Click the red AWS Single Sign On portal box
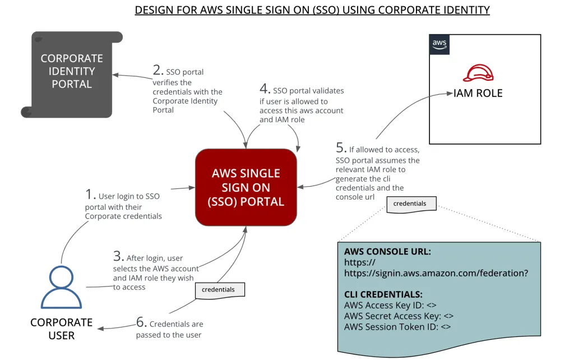(246, 187)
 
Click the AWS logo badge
(439, 44)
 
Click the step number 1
(90, 195)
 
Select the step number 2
(158, 70)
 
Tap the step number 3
(118, 257)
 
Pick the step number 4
(265, 89)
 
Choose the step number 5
(341, 148)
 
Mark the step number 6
(142, 322)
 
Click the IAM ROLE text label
(478, 94)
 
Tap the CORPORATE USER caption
(61, 329)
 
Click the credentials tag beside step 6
(220, 289)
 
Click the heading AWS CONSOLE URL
(387, 252)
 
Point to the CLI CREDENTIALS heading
(383, 294)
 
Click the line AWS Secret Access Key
(399, 316)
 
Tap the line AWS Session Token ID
(397, 326)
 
